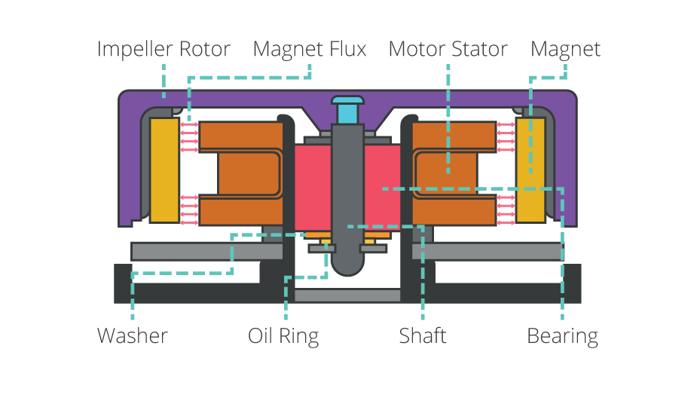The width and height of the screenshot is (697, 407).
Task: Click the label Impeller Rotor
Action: click(x=164, y=50)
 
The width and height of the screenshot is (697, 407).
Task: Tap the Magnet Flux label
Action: click(x=309, y=50)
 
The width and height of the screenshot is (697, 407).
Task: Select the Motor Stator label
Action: click(x=448, y=50)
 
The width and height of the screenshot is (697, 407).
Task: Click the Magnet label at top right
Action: click(x=565, y=50)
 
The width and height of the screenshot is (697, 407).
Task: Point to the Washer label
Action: click(x=133, y=335)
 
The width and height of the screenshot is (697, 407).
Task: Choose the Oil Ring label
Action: click(x=283, y=335)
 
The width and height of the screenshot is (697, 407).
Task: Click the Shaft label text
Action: click(x=423, y=335)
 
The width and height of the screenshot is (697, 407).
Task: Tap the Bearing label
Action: click(x=562, y=335)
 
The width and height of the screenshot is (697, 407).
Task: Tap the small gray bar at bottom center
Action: click(x=347, y=295)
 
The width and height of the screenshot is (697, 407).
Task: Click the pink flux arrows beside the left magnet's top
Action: click(x=189, y=134)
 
